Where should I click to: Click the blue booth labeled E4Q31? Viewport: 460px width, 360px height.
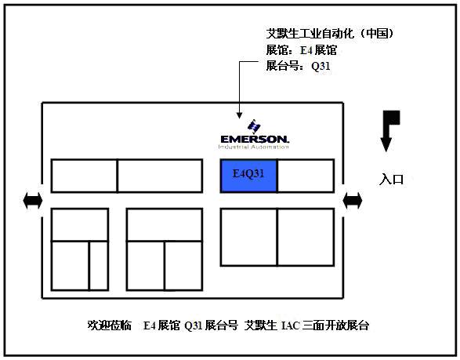coord(248,176)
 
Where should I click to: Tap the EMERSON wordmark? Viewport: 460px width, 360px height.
coord(255,139)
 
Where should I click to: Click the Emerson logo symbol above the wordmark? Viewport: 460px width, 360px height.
coord(254,126)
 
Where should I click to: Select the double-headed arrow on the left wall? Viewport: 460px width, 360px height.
coord(33,201)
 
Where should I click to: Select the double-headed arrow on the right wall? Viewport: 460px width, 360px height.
coord(353,201)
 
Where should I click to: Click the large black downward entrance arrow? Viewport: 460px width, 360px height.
coord(389,131)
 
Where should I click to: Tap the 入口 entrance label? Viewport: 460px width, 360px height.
coord(391,179)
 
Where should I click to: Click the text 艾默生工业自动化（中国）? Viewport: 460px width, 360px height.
coord(330,34)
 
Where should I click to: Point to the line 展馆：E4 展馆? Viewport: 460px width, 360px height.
coord(301,50)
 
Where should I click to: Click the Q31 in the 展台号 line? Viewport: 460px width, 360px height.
coord(321,66)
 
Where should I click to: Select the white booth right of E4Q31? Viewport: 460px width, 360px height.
coord(306,176)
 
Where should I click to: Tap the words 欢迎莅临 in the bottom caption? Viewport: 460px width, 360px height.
coord(109,325)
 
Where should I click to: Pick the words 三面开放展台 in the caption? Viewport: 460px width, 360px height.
coord(335,325)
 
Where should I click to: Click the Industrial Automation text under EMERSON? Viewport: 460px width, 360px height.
coord(254,147)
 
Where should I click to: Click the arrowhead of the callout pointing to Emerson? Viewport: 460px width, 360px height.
coord(239,116)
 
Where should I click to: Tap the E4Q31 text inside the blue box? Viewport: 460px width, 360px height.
coord(248,173)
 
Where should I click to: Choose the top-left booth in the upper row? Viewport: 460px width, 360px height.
coord(84,176)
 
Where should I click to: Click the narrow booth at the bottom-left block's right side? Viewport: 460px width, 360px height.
coord(99,266)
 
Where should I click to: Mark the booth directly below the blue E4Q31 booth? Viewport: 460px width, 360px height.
coord(248,237)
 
